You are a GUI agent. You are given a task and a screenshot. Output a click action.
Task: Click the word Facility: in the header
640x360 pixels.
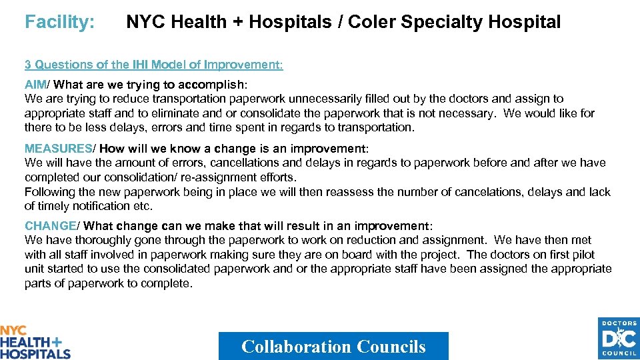point(59,22)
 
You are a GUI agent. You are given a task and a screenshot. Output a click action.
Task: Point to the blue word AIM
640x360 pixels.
point(35,85)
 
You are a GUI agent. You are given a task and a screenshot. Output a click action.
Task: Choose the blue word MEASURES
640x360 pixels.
point(57,148)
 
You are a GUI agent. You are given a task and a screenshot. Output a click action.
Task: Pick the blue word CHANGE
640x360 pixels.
point(49,226)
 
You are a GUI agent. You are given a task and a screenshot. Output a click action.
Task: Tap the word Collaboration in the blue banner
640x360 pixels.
point(296,347)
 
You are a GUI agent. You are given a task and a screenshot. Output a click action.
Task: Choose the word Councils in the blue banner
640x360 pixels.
point(391,347)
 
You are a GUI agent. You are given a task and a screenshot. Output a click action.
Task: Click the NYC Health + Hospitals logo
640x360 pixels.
point(35,342)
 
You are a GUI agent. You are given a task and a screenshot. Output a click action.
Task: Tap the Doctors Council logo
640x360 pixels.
point(619,338)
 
